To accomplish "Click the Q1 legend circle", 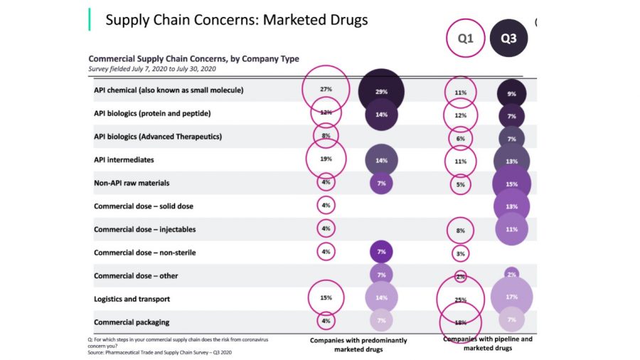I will [x=465, y=38].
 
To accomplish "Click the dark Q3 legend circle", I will [x=508, y=38].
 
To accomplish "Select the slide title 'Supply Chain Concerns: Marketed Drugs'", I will [x=237, y=20].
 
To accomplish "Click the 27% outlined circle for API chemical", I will [x=326, y=90].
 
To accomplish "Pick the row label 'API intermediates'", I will [x=124, y=160].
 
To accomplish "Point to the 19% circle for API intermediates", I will [x=326, y=159].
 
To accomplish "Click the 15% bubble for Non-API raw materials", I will [x=511, y=184].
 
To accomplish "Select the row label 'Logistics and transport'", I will [x=132, y=299].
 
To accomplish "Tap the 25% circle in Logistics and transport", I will [x=461, y=300].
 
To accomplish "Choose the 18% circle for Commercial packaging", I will [x=460, y=322].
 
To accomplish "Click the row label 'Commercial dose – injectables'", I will [x=144, y=230].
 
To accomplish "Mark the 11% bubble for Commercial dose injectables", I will [x=511, y=229].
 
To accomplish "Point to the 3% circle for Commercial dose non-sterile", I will [x=460, y=253].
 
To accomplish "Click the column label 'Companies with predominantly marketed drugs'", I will [x=358, y=345].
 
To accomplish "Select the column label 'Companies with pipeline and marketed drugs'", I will [x=487, y=344].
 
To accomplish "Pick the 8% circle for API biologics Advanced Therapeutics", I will [x=326, y=135].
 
